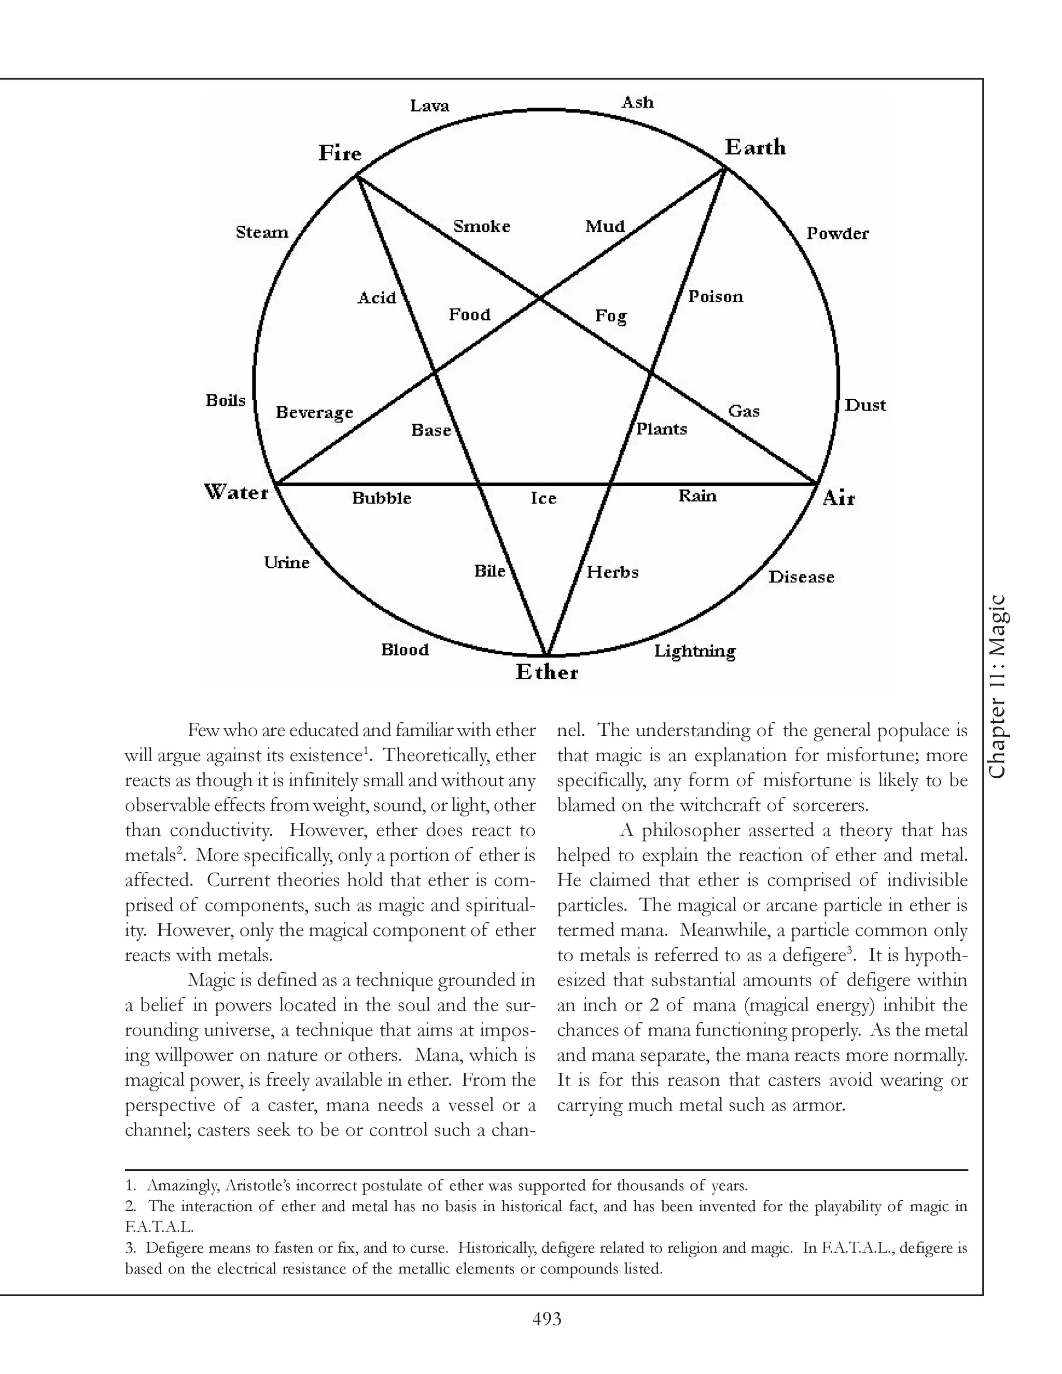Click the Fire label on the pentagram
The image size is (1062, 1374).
(x=340, y=153)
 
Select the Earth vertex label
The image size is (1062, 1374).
(x=755, y=147)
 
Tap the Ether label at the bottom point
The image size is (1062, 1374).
(x=547, y=672)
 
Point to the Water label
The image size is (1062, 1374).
(x=236, y=492)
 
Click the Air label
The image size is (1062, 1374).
(x=839, y=499)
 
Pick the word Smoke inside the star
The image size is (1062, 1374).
(x=481, y=226)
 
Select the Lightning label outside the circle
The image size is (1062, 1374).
(x=694, y=651)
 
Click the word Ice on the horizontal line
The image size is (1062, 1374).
(x=543, y=498)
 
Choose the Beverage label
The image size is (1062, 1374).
(x=315, y=413)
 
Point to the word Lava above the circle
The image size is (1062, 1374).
(x=430, y=105)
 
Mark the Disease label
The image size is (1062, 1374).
(x=801, y=577)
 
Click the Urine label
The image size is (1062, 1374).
(x=286, y=563)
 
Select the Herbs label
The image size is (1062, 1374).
(x=612, y=572)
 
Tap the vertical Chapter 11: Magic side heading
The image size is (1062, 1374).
(x=999, y=686)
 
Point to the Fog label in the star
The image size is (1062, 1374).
(x=611, y=315)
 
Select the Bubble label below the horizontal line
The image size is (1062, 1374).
(x=381, y=498)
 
